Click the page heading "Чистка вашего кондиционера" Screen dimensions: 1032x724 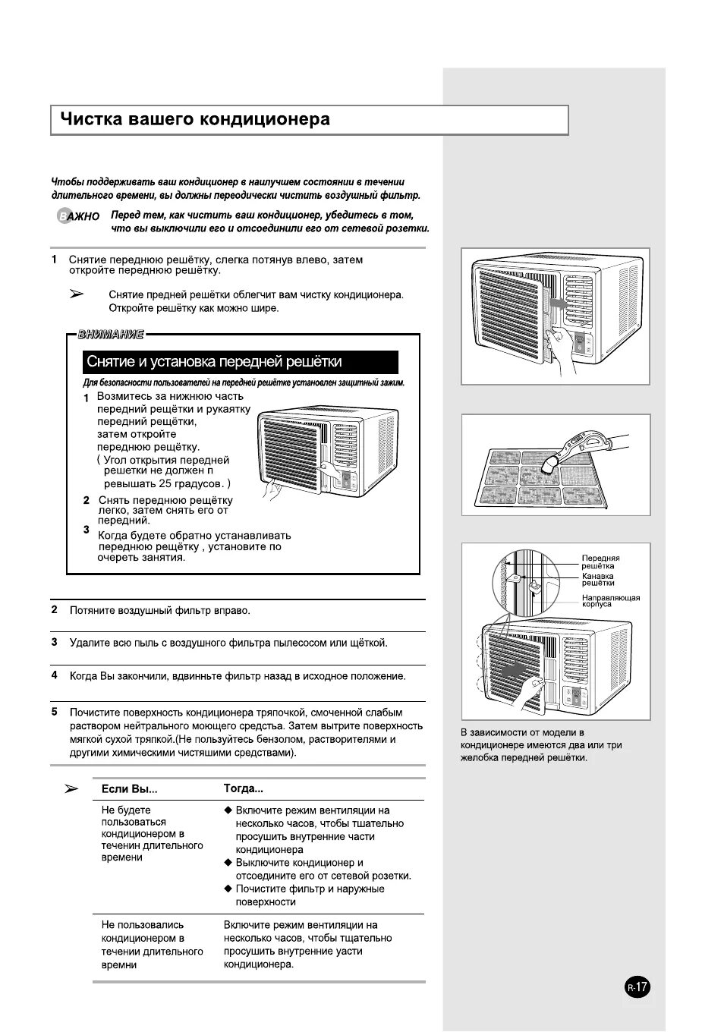click(195, 120)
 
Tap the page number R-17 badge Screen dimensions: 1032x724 click(637, 987)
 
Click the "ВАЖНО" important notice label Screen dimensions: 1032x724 click(78, 217)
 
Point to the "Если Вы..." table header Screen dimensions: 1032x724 click(129, 789)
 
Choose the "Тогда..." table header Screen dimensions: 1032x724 click(243, 789)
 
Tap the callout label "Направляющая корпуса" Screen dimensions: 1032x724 click(610, 600)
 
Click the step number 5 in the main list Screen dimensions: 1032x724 click(55, 712)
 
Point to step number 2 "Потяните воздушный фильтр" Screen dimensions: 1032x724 click(55, 609)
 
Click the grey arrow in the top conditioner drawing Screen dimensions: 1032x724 click(558, 303)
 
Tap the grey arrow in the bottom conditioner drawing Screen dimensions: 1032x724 click(514, 671)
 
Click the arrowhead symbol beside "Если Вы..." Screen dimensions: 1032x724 click(71, 789)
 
